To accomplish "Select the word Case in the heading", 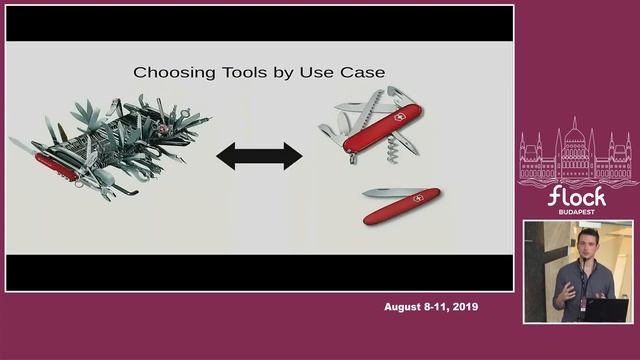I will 363,72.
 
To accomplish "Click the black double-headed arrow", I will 259,155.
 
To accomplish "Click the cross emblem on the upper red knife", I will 398,117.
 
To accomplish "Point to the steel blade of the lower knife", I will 382,192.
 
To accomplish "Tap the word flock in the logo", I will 577,195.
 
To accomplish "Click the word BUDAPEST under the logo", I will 577,213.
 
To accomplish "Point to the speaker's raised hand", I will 567,291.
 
